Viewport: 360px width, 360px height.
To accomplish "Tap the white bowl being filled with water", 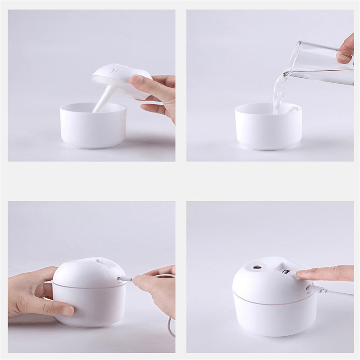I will tap(268, 128).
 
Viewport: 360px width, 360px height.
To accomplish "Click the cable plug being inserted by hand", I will tap(126, 279).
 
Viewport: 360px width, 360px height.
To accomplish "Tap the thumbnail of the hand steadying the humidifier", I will tap(67, 310).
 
